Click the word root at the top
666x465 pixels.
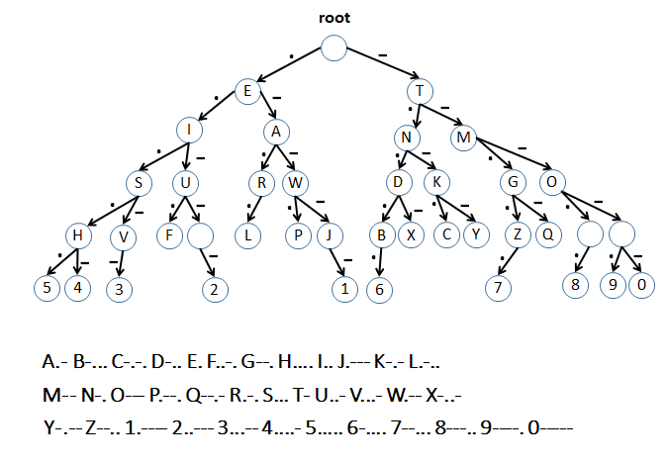pos(333,16)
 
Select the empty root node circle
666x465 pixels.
pos(334,46)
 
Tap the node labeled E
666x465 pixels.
pos(247,91)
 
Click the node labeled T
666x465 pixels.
pos(421,91)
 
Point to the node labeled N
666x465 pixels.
pos(406,137)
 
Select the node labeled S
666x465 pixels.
pos(142,183)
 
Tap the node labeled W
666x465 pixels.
pos(295,183)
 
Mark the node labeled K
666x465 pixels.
pos(435,183)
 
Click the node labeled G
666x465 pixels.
pos(514,183)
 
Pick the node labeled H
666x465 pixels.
pos(78,236)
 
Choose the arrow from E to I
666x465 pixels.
pos(219,110)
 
